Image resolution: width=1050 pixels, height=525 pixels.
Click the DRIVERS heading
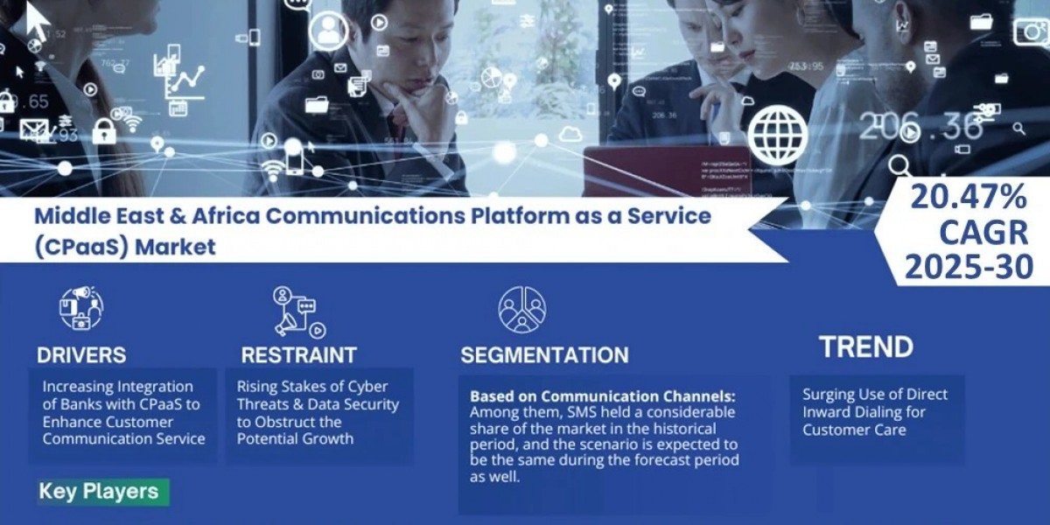[x=81, y=354]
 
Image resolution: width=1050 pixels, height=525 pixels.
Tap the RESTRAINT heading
[x=299, y=354]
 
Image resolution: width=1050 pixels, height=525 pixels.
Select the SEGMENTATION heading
[x=544, y=354]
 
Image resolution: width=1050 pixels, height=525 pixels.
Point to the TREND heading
[x=866, y=347]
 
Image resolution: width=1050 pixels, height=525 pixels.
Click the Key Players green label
[x=98, y=491]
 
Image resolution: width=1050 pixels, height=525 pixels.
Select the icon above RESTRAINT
[x=297, y=311]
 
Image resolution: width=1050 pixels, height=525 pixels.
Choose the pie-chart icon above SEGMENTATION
[x=522, y=309]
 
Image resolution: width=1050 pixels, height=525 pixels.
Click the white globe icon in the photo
[x=778, y=136]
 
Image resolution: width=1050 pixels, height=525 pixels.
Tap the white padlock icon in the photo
[x=104, y=131]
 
